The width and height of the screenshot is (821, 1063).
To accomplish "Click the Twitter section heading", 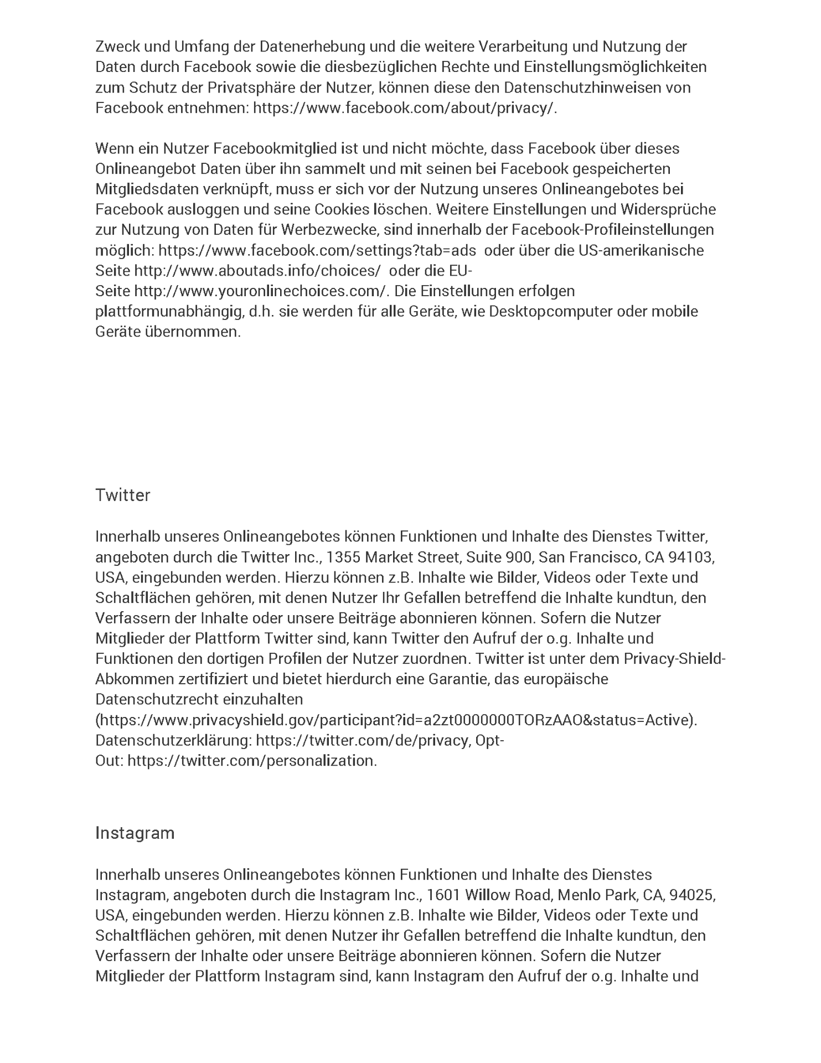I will (x=122, y=495).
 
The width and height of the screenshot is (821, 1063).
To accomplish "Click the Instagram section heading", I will (x=135, y=833).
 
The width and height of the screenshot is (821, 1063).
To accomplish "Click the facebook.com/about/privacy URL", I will (x=402, y=108).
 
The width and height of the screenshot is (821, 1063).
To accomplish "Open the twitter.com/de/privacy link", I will (x=363, y=741).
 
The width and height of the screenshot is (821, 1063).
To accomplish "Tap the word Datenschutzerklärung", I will (x=174, y=741).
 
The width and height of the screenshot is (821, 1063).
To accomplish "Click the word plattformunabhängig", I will (x=168, y=312).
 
